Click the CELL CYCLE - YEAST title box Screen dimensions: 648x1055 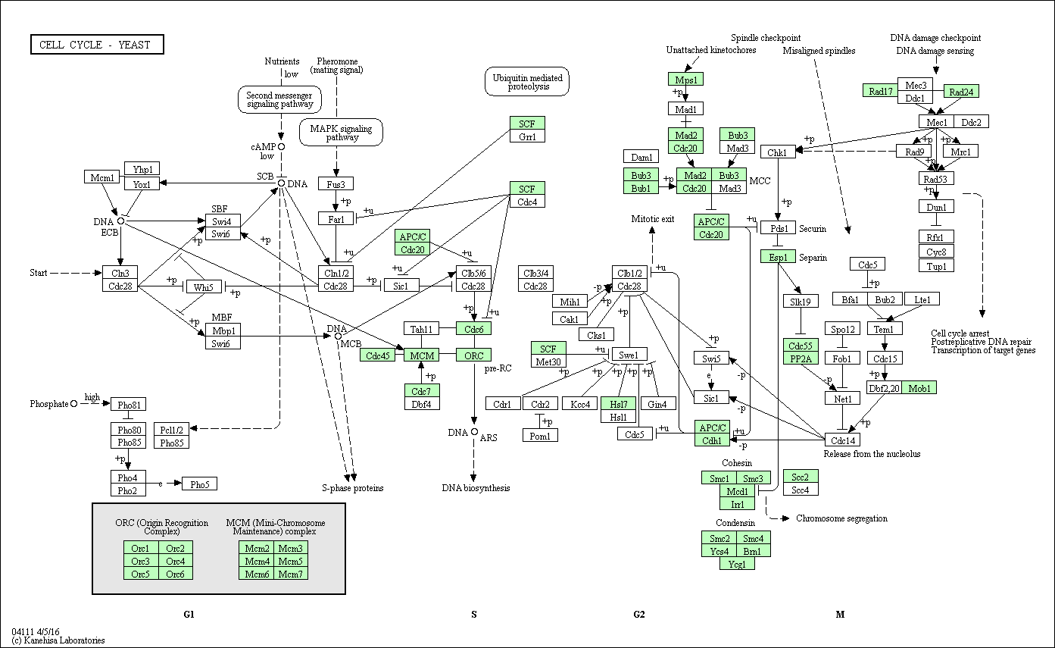97,45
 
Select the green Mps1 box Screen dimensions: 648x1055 686,79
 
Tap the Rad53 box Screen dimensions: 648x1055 937,179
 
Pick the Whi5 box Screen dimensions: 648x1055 202,287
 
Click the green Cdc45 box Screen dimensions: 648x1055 377,355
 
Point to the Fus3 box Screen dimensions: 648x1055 336,184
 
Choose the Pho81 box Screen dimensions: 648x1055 128,404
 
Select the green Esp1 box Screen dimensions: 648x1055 778,257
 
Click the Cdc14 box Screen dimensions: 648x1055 843,440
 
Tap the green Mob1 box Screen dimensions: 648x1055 919,388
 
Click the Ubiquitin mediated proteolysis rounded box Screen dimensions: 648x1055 527,82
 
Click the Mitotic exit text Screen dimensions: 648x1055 652,219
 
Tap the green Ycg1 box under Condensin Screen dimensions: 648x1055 737,564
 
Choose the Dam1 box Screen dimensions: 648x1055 641,158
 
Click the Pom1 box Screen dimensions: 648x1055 540,436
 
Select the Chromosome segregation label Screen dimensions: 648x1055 841,518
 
